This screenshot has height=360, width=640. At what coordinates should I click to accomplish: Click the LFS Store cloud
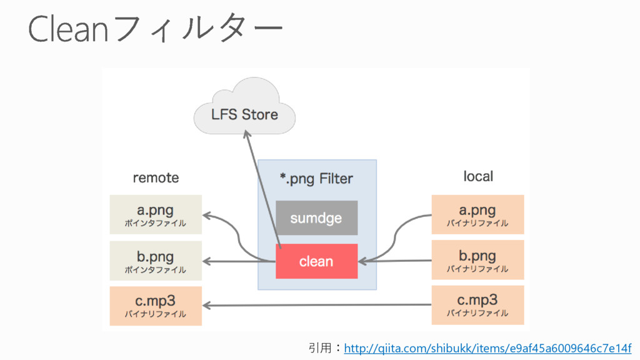point(244,113)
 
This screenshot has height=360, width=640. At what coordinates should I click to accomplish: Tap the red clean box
point(316,261)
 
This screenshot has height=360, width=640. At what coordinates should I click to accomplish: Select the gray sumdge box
point(316,217)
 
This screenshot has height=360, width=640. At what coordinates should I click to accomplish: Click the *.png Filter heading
point(316,179)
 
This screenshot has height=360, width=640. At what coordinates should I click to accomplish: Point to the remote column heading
point(156,178)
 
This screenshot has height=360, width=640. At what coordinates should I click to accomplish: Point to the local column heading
point(478,176)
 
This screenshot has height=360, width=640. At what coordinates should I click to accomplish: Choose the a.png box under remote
point(156,214)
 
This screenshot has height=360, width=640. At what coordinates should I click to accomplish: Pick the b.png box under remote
point(156,261)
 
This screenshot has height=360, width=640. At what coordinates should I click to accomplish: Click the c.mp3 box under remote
point(156,306)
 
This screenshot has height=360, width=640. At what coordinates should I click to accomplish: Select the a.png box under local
point(477,214)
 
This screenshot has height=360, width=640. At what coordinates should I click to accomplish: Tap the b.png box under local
point(477,260)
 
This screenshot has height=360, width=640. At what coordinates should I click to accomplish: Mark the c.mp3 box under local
point(477,305)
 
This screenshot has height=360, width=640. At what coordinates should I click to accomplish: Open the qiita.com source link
point(487,347)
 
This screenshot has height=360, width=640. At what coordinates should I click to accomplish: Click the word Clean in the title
point(69,29)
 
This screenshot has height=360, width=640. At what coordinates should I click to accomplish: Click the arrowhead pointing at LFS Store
point(247,137)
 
